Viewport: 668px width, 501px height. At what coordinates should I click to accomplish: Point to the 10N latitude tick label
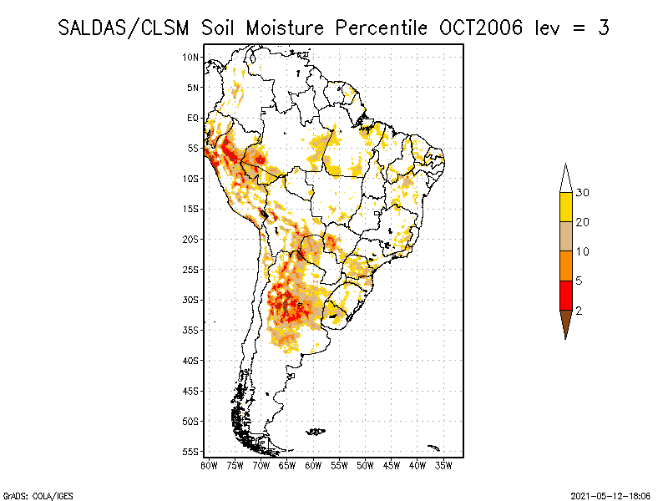tap(191, 57)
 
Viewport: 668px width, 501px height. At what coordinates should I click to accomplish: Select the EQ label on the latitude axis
tap(193, 118)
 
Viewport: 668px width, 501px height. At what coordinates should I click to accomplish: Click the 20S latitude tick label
tap(191, 239)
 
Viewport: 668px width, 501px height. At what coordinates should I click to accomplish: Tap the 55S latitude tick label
tap(191, 452)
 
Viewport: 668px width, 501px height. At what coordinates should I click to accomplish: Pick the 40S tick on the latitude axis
tap(191, 361)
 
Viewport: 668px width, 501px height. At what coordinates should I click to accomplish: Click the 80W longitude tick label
tap(209, 464)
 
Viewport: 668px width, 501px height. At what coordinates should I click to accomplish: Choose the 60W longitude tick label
tap(313, 464)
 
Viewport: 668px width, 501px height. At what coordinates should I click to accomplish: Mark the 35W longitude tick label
tap(443, 464)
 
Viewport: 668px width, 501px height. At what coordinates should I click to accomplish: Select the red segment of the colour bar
tap(565, 296)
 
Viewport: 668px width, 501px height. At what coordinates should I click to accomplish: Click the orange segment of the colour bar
tap(565, 266)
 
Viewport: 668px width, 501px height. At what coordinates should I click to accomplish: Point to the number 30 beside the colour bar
tap(583, 193)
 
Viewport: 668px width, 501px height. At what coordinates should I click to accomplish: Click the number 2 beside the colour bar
tap(579, 311)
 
